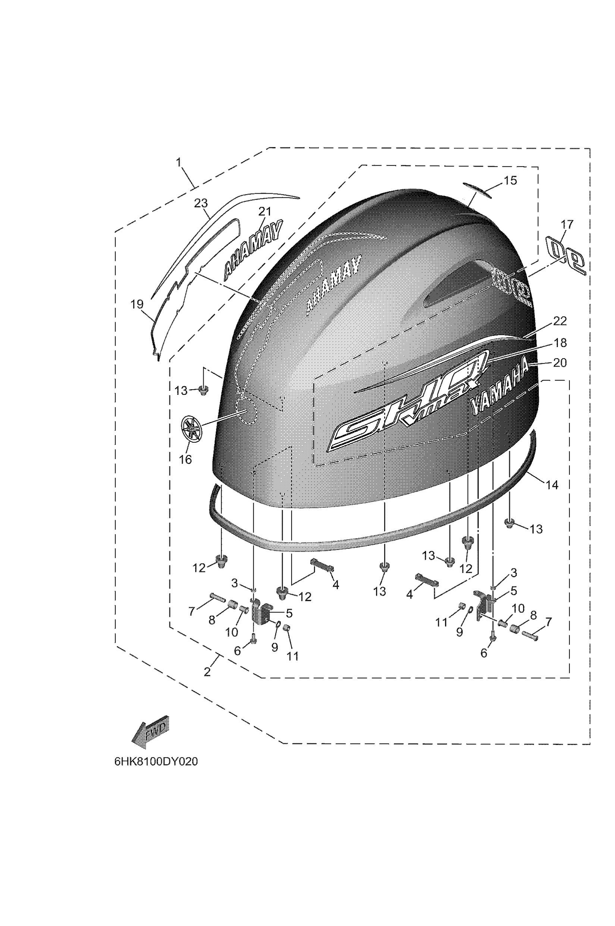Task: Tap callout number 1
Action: (179, 162)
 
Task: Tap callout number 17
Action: (567, 225)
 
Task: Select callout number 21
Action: (264, 212)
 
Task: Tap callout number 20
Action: (560, 363)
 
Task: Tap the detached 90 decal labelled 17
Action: (567, 256)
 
